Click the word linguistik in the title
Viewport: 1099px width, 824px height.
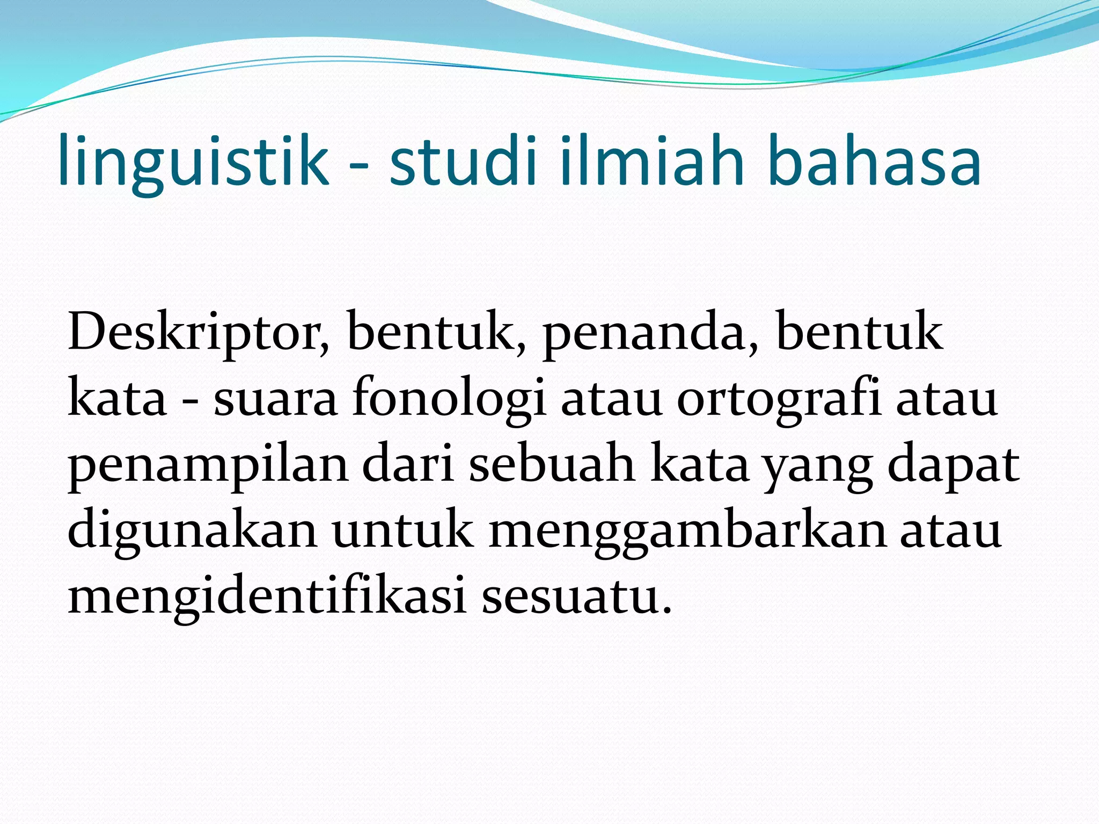[193, 161]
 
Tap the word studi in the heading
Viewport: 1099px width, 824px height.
[463, 161]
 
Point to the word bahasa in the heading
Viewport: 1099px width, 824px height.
[875, 161]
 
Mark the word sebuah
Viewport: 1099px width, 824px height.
[552, 464]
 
